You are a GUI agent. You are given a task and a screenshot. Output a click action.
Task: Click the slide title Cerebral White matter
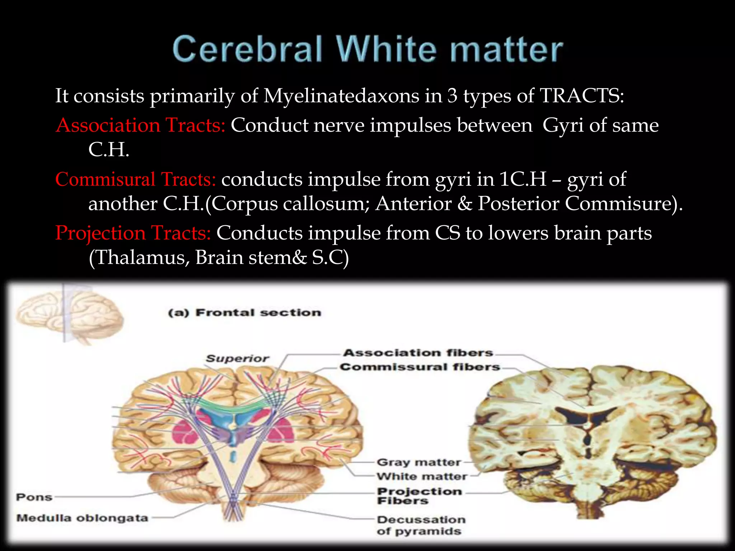pyautogui.click(x=367, y=50)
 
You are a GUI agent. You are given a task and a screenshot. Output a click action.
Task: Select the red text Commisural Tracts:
pyautogui.click(x=136, y=179)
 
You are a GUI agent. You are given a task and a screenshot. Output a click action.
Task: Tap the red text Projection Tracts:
pyautogui.click(x=133, y=233)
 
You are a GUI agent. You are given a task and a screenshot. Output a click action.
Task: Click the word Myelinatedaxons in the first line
pyautogui.click(x=341, y=96)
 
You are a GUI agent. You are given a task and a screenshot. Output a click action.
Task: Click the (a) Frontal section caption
pyautogui.click(x=245, y=313)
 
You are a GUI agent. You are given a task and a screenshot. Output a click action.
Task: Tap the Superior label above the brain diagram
pyautogui.click(x=237, y=358)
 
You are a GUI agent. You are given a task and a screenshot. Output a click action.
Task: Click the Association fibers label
pyautogui.click(x=418, y=353)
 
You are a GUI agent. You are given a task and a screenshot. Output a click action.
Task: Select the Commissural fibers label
pyautogui.click(x=420, y=367)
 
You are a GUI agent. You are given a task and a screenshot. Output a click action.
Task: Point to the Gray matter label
pyautogui.click(x=418, y=462)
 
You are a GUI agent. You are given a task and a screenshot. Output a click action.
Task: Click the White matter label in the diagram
pyautogui.click(x=422, y=476)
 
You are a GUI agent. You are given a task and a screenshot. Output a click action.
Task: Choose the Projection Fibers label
pyautogui.click(x=419, y=496)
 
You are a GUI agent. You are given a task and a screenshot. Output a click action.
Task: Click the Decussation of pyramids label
pyautogui.click(x=421, y=525)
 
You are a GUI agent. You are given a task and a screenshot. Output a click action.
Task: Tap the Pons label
pyautogui.click(x=34, y=497)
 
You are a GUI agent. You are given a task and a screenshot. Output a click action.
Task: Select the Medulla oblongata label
pyautogui.click(x=82, y=518)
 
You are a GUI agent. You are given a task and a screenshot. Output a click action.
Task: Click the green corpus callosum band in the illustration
pyautogui.click(x=233, y=407)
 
